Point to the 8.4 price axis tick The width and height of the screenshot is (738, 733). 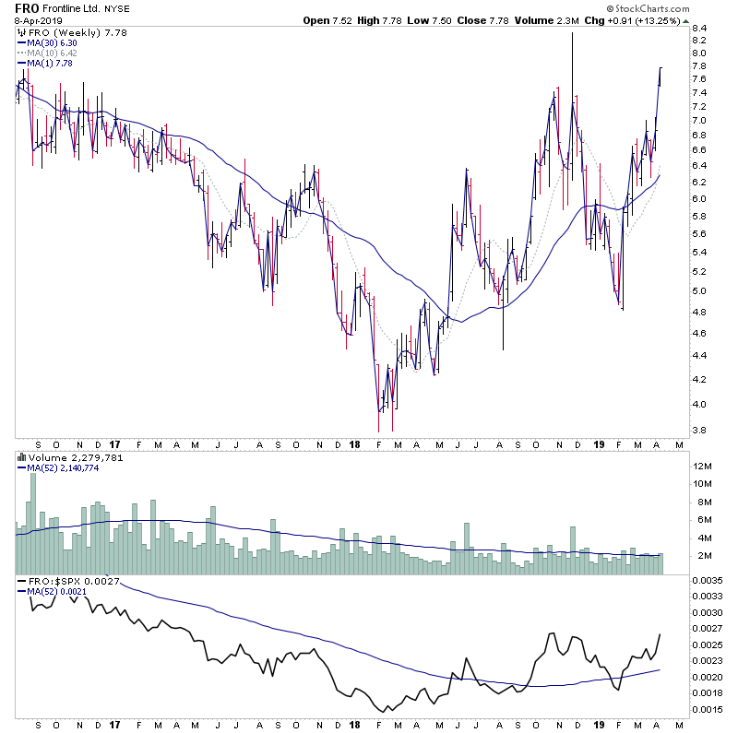coord(698,29)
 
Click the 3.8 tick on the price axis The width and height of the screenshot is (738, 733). coord(698,431)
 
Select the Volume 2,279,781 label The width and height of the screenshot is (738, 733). coord(65,456)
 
